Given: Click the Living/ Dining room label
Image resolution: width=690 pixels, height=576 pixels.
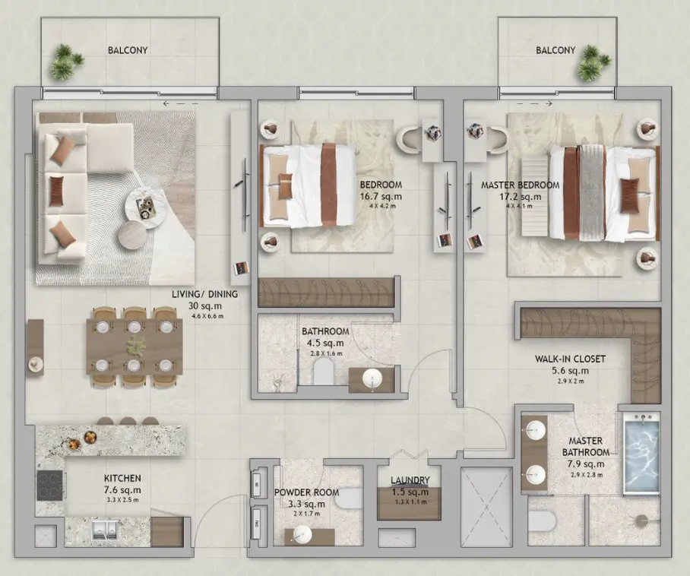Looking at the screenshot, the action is coord(204,294).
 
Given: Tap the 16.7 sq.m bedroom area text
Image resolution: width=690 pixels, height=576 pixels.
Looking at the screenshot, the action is coord(381,196).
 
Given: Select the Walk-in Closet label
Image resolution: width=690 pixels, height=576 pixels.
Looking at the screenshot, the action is coord(570,359).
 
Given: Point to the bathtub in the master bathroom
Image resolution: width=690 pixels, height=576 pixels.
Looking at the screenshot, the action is coord(641,452).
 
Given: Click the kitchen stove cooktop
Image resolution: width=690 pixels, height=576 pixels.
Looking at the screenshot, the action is coord(49,486).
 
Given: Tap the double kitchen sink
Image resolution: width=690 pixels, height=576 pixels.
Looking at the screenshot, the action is coord(105,530).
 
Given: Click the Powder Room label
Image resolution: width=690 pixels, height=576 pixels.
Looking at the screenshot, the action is coord(306,492).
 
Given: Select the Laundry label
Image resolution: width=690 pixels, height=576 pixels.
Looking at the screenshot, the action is coord(410,480).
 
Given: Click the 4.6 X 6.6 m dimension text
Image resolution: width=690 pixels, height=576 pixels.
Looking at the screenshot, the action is coord(207,316).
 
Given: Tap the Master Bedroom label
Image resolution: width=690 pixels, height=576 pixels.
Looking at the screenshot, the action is coord(520,185).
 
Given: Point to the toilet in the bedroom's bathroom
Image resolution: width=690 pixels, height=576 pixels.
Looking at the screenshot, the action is coord(324,371).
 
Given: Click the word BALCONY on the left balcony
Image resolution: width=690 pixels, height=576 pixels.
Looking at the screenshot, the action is coord(128,50).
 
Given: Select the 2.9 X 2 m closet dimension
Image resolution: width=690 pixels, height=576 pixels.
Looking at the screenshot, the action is coord(570,381).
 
